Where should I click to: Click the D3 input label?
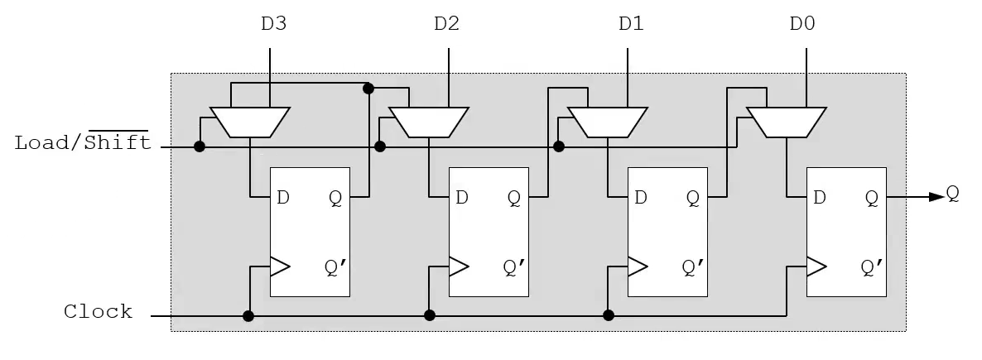274,24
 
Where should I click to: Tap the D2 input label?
446,24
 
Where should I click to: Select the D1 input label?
631,24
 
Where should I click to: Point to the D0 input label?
802,24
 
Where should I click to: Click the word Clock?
99,311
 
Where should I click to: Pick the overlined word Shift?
118,142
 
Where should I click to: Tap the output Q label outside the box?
952,194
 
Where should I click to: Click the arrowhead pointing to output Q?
936,197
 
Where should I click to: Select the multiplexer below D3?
250,122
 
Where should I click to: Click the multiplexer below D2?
429,122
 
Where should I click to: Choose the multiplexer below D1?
608,122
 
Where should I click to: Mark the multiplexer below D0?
787,122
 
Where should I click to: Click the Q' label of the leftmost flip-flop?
335,267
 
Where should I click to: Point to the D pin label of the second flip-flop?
461,198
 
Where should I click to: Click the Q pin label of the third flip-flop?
693,199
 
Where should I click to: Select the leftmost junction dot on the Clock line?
248,316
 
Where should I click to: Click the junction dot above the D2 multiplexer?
368,89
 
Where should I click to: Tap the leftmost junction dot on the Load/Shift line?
200,146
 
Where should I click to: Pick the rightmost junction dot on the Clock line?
608,315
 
